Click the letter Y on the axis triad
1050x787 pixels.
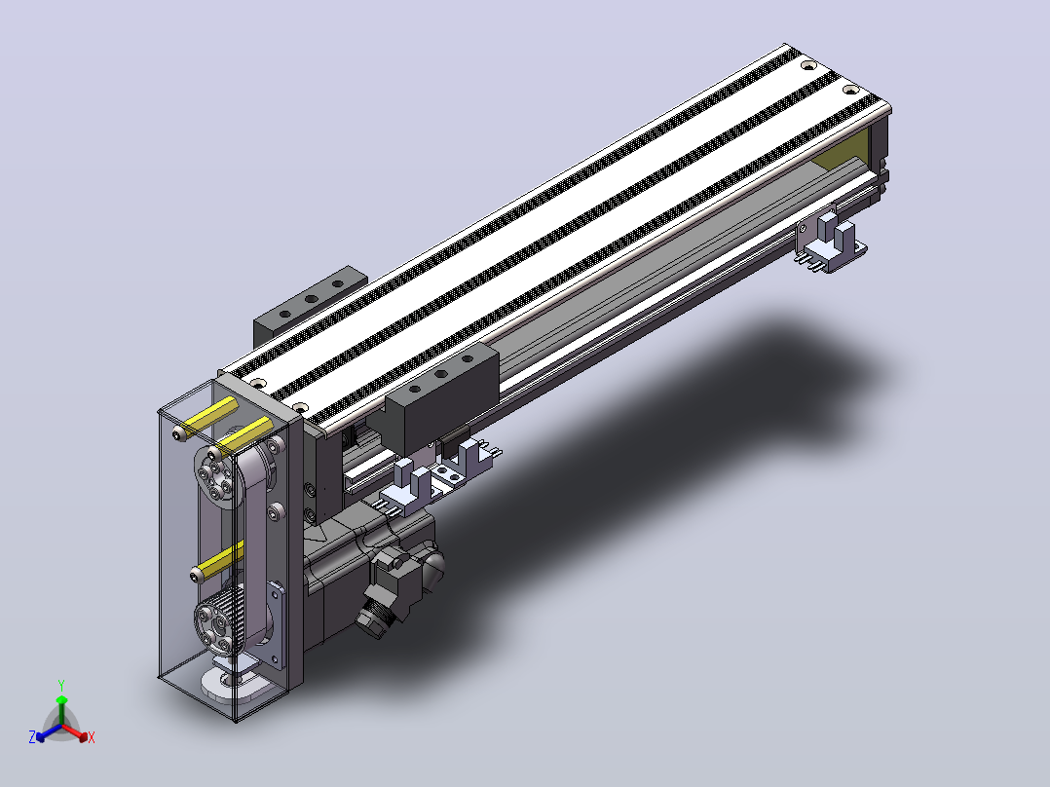[61, 685]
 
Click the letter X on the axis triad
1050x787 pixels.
[92, 737]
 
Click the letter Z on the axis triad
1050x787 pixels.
[32, 736]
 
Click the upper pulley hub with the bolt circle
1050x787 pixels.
[215, 479]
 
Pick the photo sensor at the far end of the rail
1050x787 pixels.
[830, 242]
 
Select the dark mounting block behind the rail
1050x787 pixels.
[310, 304]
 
